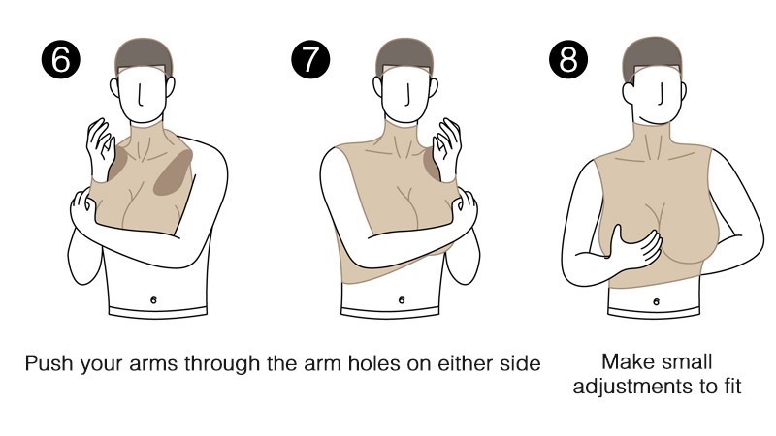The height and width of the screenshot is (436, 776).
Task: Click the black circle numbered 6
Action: tap(61, 59)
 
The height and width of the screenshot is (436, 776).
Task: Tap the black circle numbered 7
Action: tap(310, 59)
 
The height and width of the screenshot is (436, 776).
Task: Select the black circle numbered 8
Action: tap(568, 59)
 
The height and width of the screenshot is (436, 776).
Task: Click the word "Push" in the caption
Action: tap(48, 363)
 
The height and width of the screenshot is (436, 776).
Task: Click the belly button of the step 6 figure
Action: tap(153, 299)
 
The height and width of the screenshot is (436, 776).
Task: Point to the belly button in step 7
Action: tap(402, 299)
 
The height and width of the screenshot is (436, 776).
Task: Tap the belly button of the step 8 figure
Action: tap(657, 301)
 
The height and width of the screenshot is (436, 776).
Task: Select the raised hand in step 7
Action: tap(447, 148)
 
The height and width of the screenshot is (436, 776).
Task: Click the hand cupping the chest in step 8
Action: tap(635, 247)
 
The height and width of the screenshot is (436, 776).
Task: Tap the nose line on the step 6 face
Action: tap(141, 95)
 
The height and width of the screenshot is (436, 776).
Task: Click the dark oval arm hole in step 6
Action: tap(173, 173)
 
